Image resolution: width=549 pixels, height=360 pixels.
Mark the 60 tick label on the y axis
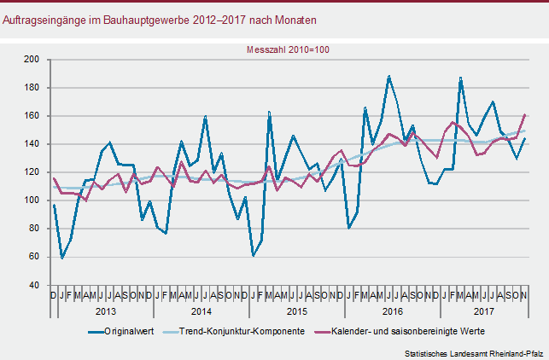tap(35, 257)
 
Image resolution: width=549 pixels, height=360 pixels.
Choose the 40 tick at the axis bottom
tap(35, 285)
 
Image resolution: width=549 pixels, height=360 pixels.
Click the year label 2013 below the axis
tap(106, 311)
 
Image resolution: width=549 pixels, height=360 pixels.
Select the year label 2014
tap(201, 311)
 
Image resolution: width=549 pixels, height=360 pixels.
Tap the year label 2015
tap(297, 311)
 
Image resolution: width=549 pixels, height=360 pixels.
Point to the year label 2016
tap(392, 311)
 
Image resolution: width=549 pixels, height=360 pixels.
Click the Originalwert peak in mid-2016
tap(389, 76)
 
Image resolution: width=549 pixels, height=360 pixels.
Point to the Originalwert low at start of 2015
tap(254, 255)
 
